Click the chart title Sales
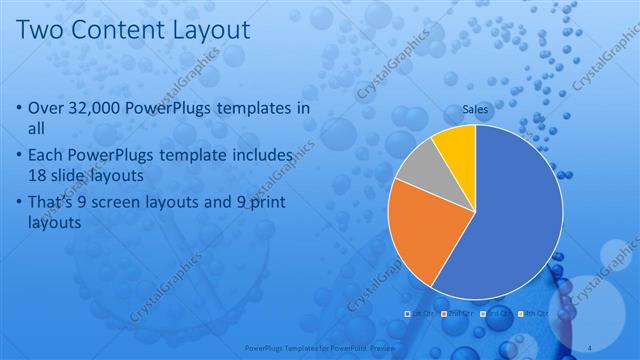pyautogui.click(x=474, y=107)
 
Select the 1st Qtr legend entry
pyautogui.click(x=418, y=314)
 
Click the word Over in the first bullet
pyautogui.click(x=49, y=108)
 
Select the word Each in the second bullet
pyautogui.click(x=49, y=156)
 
